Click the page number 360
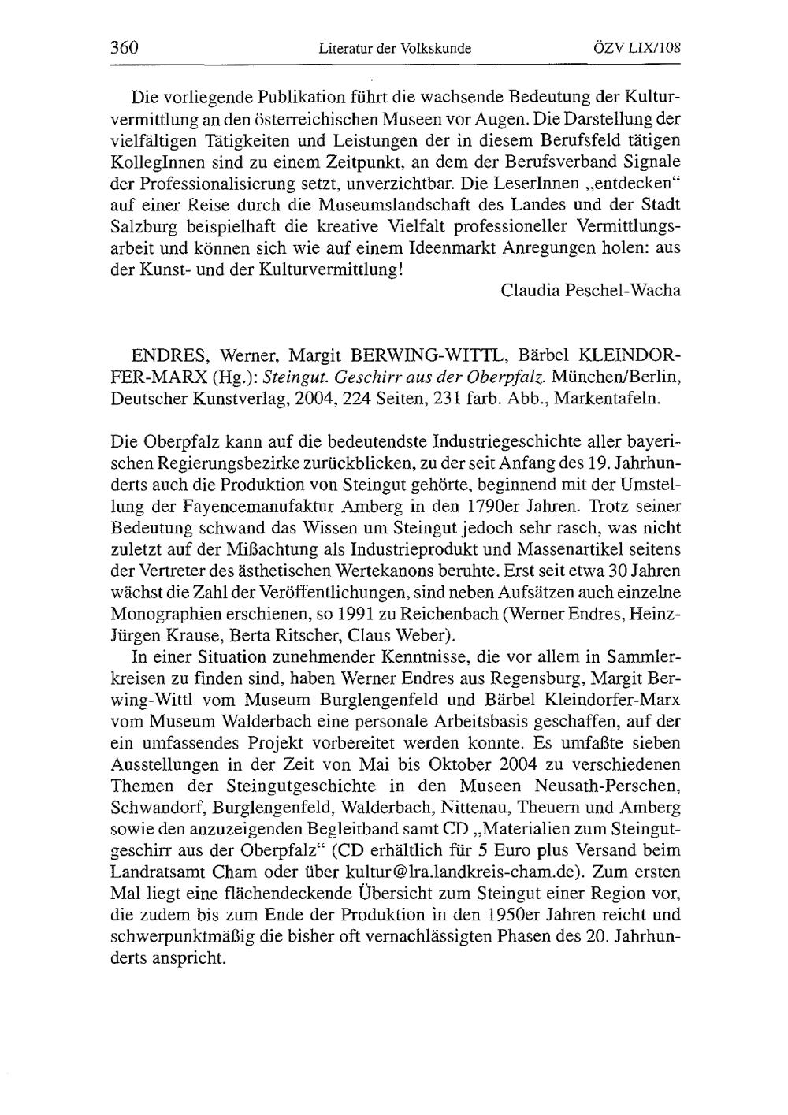pyautogui.click(x=125, y=47)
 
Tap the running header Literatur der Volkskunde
pyautogui.click(x=395, y=48)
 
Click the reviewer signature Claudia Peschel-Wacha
pyautogui.click(x=590, y=291)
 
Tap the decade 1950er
pyautogui.click(x=515, y=916)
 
